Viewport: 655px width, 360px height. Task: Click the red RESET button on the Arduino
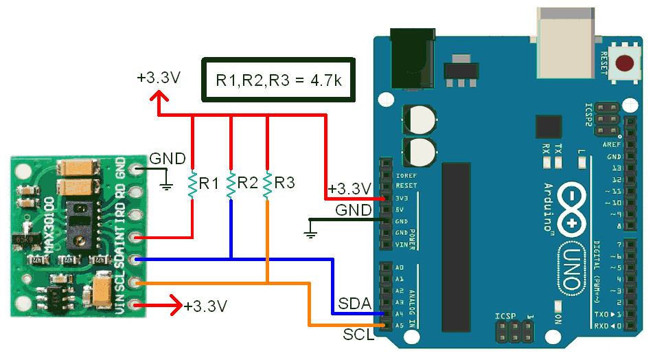[625, 64]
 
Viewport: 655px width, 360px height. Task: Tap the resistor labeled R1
[192, 184]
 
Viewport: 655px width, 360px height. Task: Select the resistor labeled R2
[231, 184]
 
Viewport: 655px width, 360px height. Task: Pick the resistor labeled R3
[267, 184]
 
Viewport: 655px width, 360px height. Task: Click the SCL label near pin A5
[358, 335]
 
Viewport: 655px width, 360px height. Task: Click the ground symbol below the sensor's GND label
[165, 184]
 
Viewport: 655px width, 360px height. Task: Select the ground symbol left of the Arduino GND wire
[310, 234]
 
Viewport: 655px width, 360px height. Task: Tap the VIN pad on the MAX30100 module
[138, 304]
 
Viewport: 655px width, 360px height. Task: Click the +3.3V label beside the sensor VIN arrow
[205, 306]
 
